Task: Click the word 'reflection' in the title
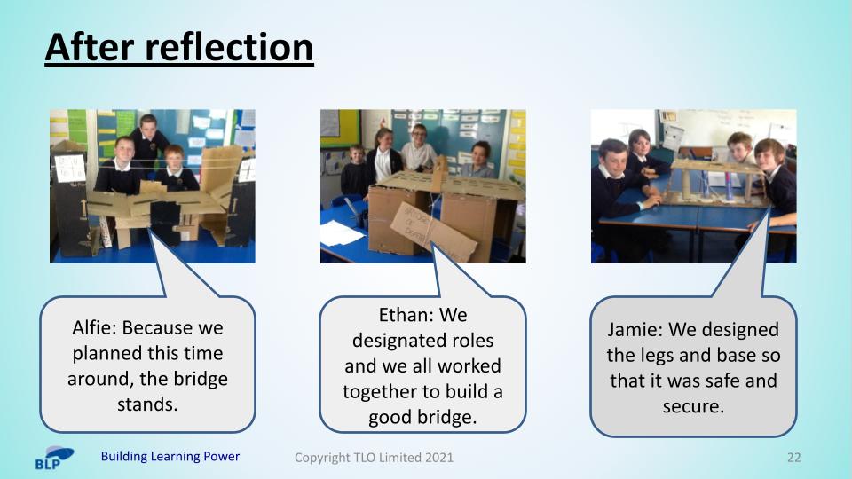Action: coord(229,47)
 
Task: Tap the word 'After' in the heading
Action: coord(89,47)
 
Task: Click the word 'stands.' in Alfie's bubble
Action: coord(147,404)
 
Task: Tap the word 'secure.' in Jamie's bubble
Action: coord(693,406)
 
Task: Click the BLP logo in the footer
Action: coord(54,458)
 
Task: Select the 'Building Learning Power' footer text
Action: coord(170,456)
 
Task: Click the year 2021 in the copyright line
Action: coord(439,458)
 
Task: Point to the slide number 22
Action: coord(793,458)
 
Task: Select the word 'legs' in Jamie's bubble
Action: coord(658,357)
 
